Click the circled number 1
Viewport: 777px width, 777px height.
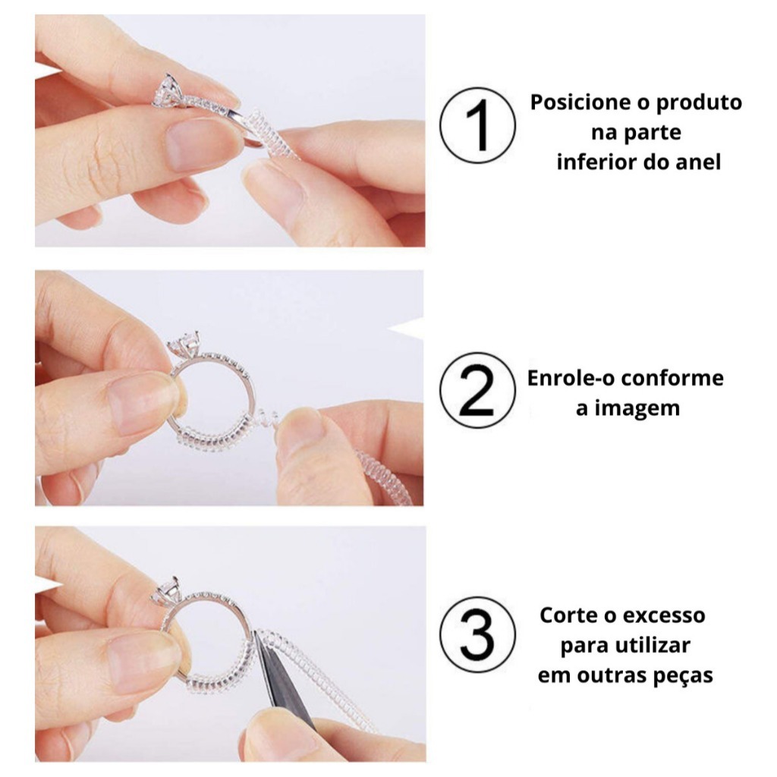coord(477,125)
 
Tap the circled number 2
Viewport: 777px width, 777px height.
coord(477,390)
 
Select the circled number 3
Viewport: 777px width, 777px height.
coord(477,634)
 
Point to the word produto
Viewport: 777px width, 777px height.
coord(699,103)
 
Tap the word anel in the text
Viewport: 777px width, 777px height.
coord(699,162)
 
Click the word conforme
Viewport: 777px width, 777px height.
coord(673,378)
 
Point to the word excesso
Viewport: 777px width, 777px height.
coord(664,615)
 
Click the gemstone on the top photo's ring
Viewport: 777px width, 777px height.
coord(167,90)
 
